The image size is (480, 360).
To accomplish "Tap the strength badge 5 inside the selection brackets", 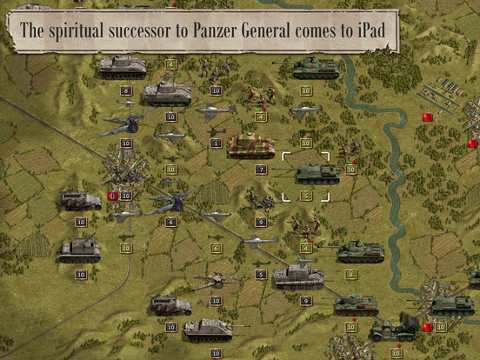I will pyautogui.click(x=306, y=197).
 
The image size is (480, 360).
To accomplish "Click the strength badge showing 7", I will pyautogui.click(x=261, y=170).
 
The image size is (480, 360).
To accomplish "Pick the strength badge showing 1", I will pyautogui.click(x=216, y=143).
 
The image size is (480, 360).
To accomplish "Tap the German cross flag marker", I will pyautogui.click(x=110, y=197).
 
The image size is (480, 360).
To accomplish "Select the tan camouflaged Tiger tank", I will pyautogui.click(x=250, y=146).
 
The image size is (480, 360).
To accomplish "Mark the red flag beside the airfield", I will pyautogui.click(x=426, y=117).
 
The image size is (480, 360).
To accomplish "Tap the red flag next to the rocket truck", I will pyautogui.click(x=427, y=327).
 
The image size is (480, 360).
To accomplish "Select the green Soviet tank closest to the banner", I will pyautogui.click(x=315, y=68).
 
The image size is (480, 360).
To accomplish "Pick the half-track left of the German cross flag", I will pyautogui.click(x=80, y=201).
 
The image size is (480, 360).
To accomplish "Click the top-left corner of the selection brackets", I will pyautogui.click(x=283, y=155).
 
